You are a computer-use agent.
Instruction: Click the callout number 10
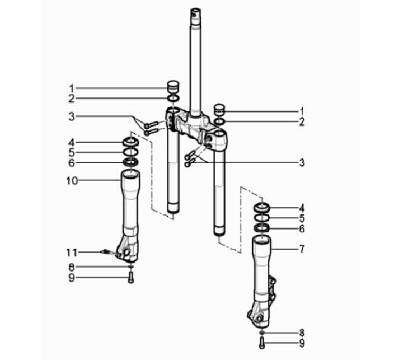72,181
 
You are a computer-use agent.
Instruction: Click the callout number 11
72,253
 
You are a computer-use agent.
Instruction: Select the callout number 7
302,249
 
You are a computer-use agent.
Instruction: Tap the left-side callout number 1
72,88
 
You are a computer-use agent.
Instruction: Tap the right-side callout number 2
302,122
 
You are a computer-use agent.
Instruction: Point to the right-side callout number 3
302,162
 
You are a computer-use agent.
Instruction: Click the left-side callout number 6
72,163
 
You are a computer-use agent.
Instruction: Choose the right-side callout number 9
302,343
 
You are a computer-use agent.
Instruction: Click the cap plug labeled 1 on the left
173,87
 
